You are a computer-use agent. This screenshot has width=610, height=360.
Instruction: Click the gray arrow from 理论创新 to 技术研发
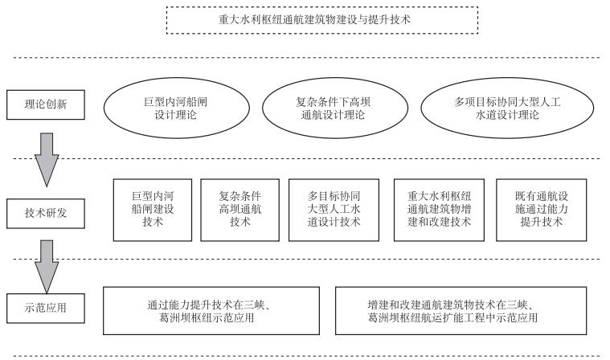pos(47,160)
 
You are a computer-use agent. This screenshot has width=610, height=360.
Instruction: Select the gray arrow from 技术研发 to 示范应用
pos(47,267)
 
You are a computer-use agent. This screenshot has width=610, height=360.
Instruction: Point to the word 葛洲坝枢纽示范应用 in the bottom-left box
pos(207,318)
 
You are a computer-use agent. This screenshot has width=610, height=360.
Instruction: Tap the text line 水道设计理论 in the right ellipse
pos(507,115)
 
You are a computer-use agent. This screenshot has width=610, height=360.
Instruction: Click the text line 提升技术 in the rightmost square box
pos(542,222)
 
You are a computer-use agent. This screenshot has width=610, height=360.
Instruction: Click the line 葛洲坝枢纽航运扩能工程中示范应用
pos(452,318)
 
